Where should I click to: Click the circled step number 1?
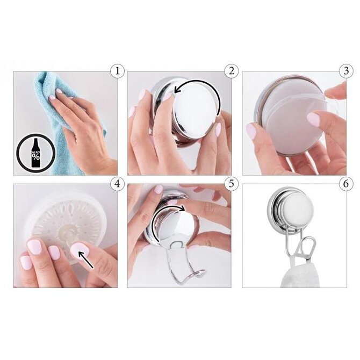[x=117, y=71]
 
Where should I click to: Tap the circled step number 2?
[x=232, y=71]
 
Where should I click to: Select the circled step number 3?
[x=346, y=71]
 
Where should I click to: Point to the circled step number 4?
[x=117, y=184]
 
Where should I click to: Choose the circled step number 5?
[x=232, y=184]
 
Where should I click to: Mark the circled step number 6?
[x=346, y=184]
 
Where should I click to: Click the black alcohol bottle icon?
[x=36, y=153]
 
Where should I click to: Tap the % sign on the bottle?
[x=36, y=157]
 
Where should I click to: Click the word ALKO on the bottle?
[x=36, y=152]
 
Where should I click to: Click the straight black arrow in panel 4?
[x=85, y=260]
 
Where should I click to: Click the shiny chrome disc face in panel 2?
[x=195, y=111]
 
